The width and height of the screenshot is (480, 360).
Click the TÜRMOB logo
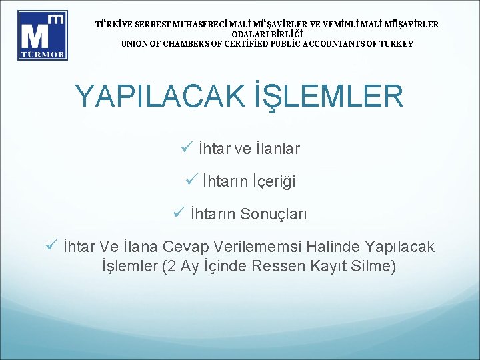[42, 35]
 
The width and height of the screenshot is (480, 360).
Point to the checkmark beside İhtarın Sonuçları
[178, 214]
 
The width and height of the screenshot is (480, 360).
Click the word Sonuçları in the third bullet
[273, 215]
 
